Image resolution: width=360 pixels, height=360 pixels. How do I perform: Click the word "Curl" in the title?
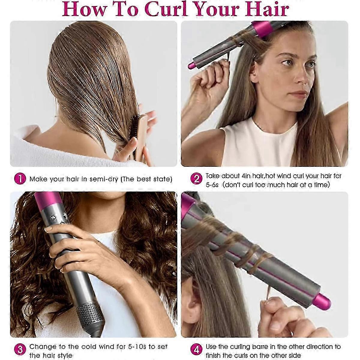pyautogui.click(x=166, y=9)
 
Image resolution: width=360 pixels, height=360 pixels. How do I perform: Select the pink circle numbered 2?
pyautogui.click(x=196, y=179)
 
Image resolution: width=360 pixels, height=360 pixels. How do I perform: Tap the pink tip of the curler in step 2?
pyautogui.click(x=191, y=65)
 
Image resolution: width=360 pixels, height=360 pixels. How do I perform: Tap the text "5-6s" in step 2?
pyautogui.click(x=212, y=185)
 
